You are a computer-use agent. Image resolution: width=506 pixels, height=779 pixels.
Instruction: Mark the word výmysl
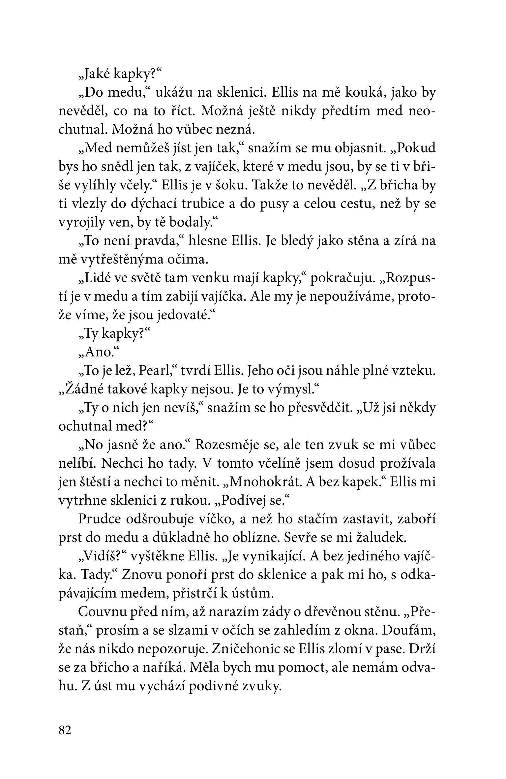[x=290, y=389]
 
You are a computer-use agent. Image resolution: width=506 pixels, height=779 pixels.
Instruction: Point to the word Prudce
[x=98, y=519]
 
